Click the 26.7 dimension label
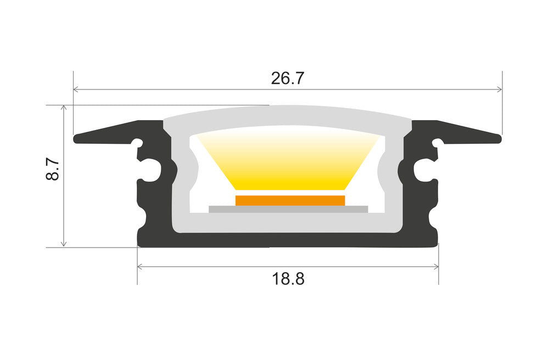(x=287, y=78)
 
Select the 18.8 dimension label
(x=288, y=279)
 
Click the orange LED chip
(x=290, y=200)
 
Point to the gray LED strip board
(x=288, y=209)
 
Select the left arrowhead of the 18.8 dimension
(x=140, y=267)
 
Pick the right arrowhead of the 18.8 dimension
(x=436, y=267)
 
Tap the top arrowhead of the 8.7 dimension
(x=64, y=108)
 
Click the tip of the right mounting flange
(x=500, y=137)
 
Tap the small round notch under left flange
(x=138, y=144)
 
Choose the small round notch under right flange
(x=438, y=144)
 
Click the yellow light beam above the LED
(x=289, y=162)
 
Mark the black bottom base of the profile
(x=288, y=240)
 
